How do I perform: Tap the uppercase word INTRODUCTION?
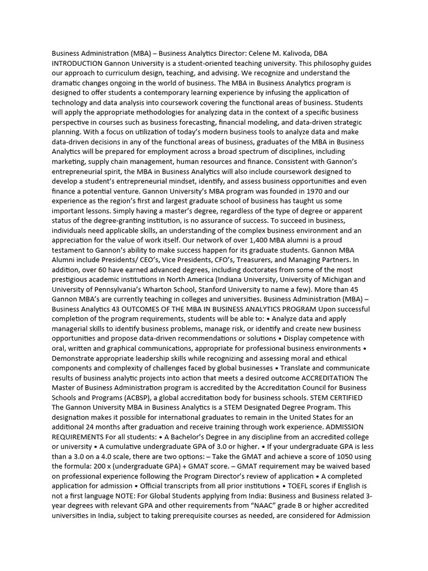pos(77,64)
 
